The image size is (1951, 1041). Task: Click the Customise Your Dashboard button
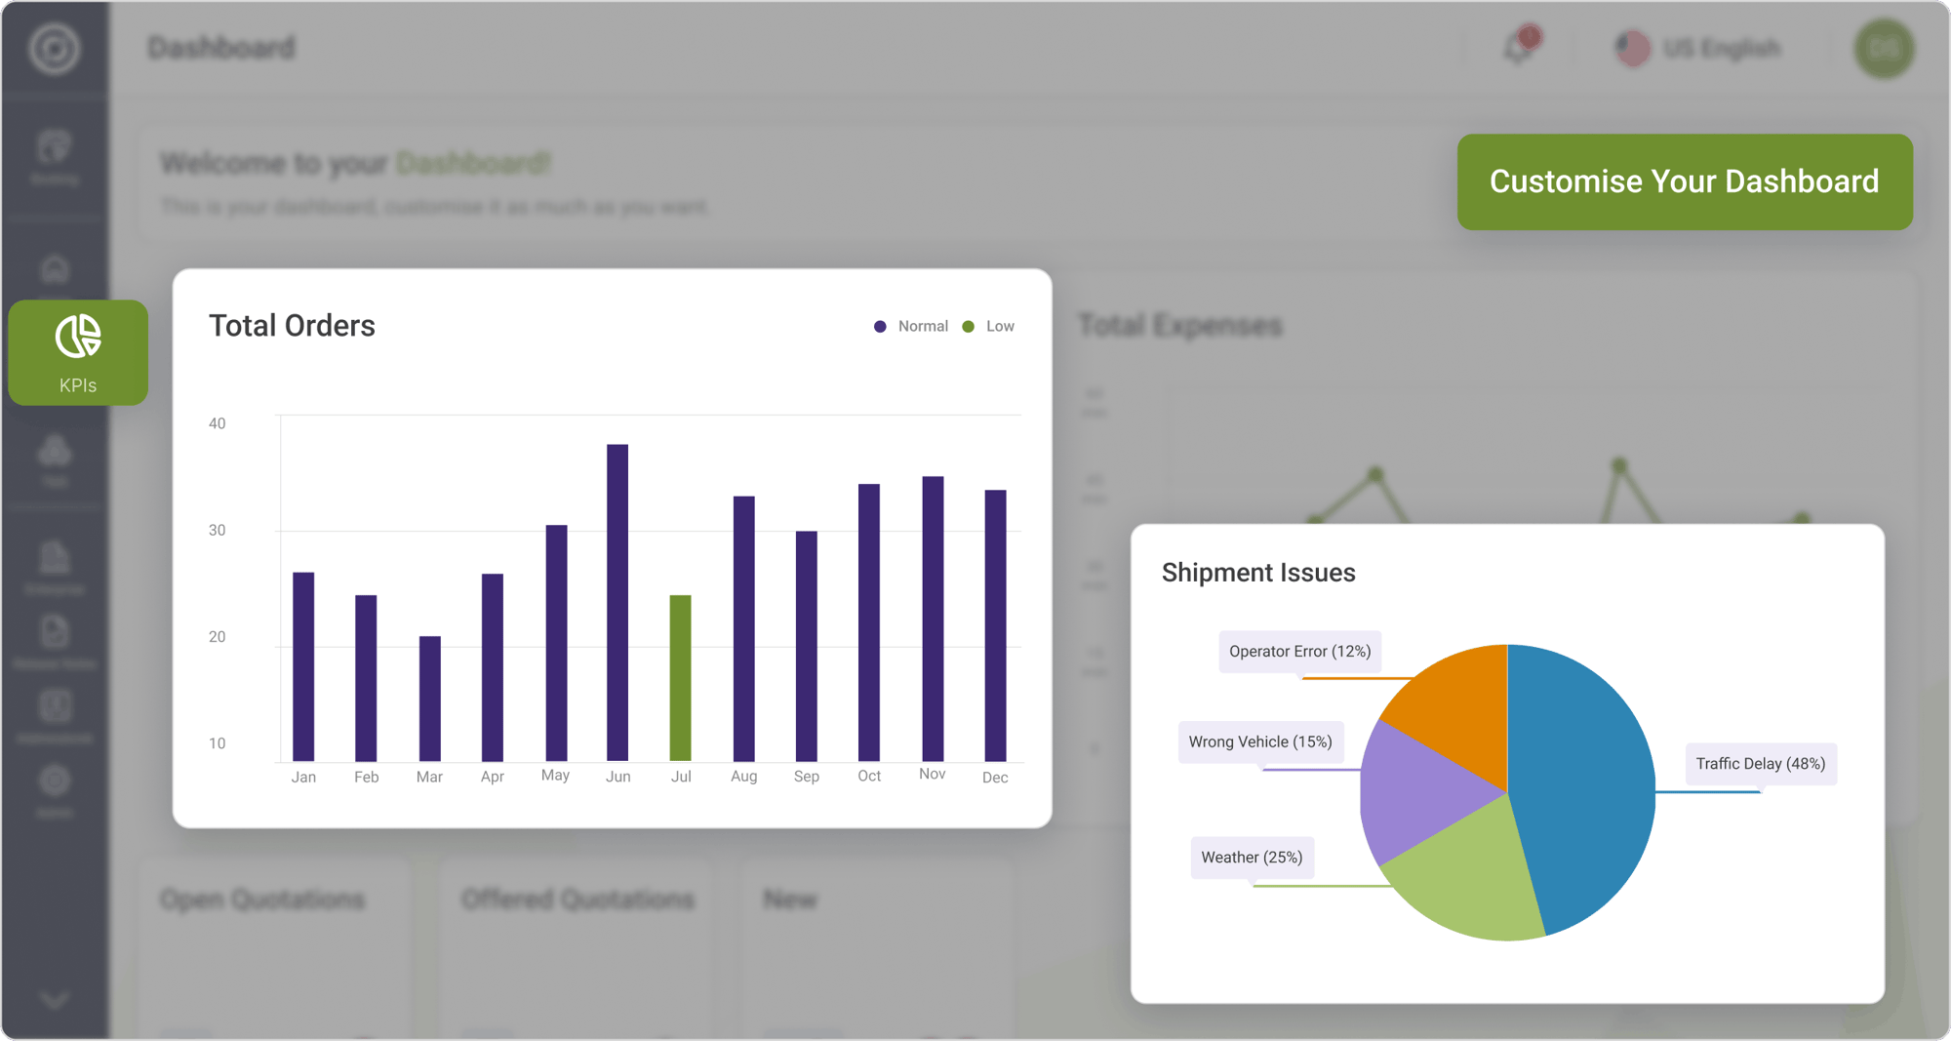[1684, 182]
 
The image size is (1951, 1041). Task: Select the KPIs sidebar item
[78, 353]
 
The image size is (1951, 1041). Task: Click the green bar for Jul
[680, 677]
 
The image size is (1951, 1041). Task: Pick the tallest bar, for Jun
[617, 602]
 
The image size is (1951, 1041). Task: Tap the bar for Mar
[429, 698]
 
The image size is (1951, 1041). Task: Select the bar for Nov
[933, 618]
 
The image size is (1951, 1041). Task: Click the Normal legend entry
[911, 327]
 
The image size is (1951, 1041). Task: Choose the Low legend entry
[989, 327]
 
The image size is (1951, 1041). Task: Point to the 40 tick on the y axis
[217, 423]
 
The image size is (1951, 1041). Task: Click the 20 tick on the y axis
[217, 637]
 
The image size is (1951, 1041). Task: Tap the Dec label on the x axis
[995, 778]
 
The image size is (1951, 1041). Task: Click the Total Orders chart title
[292, 326]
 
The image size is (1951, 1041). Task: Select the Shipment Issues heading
[1258, 573]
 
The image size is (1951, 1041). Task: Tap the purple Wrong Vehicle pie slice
[1414, 790]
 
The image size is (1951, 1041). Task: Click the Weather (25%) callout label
[1252, 858]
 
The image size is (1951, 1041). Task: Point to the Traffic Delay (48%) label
[1760, 764]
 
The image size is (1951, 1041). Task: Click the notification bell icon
[1518, 47]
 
